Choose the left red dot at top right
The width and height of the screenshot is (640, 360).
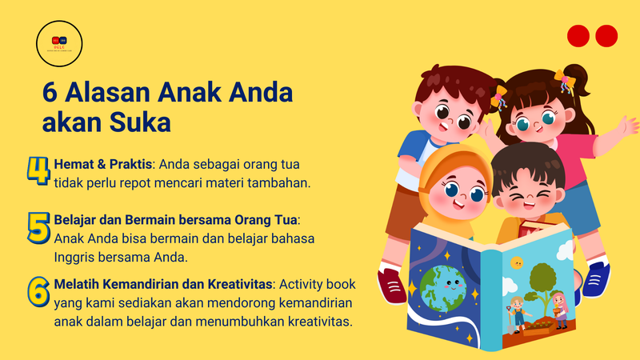pos(578,36)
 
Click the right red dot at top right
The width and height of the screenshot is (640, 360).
pos(606,36)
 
